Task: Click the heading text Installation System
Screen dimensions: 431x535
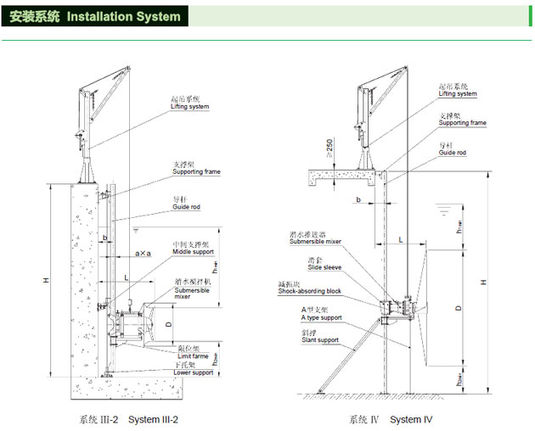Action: pyautogui.click(x=123, y=16)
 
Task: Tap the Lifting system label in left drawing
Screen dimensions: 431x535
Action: pyautogui.click(x=189, y=107)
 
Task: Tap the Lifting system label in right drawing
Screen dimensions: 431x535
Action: pyautogui.click(x=458, y=94)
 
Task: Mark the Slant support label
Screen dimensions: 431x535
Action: pyautogui.click(x=319, y=341)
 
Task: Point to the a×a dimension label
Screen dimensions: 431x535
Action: pyautogui.click(x=144, y=253)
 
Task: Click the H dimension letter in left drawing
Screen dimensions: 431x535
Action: pyautogui.click(x=55, y=280)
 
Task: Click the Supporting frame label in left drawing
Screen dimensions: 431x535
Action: pyautogui.click(x=196, y=171)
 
